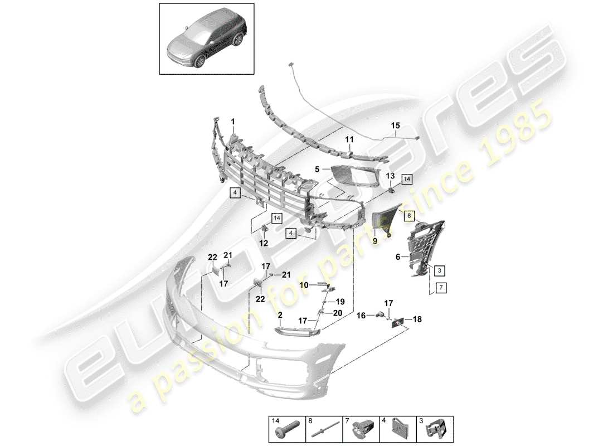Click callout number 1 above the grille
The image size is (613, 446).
[233, 121]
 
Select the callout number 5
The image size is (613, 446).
[317, 169]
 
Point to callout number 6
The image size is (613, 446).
[398, 257]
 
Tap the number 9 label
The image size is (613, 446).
[374, 241]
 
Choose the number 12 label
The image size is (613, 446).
[264, 243]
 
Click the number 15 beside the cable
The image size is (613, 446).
[395, 126]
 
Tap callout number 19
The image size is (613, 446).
[339, 301]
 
